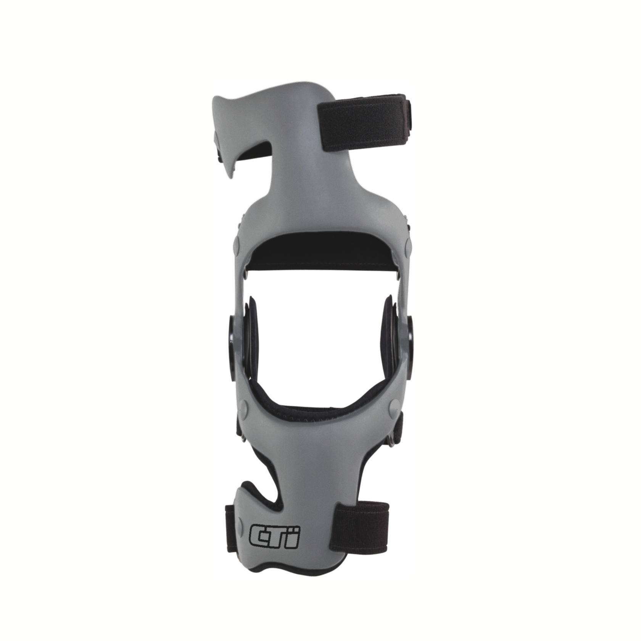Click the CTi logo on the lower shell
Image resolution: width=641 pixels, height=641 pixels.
[274, 537]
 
